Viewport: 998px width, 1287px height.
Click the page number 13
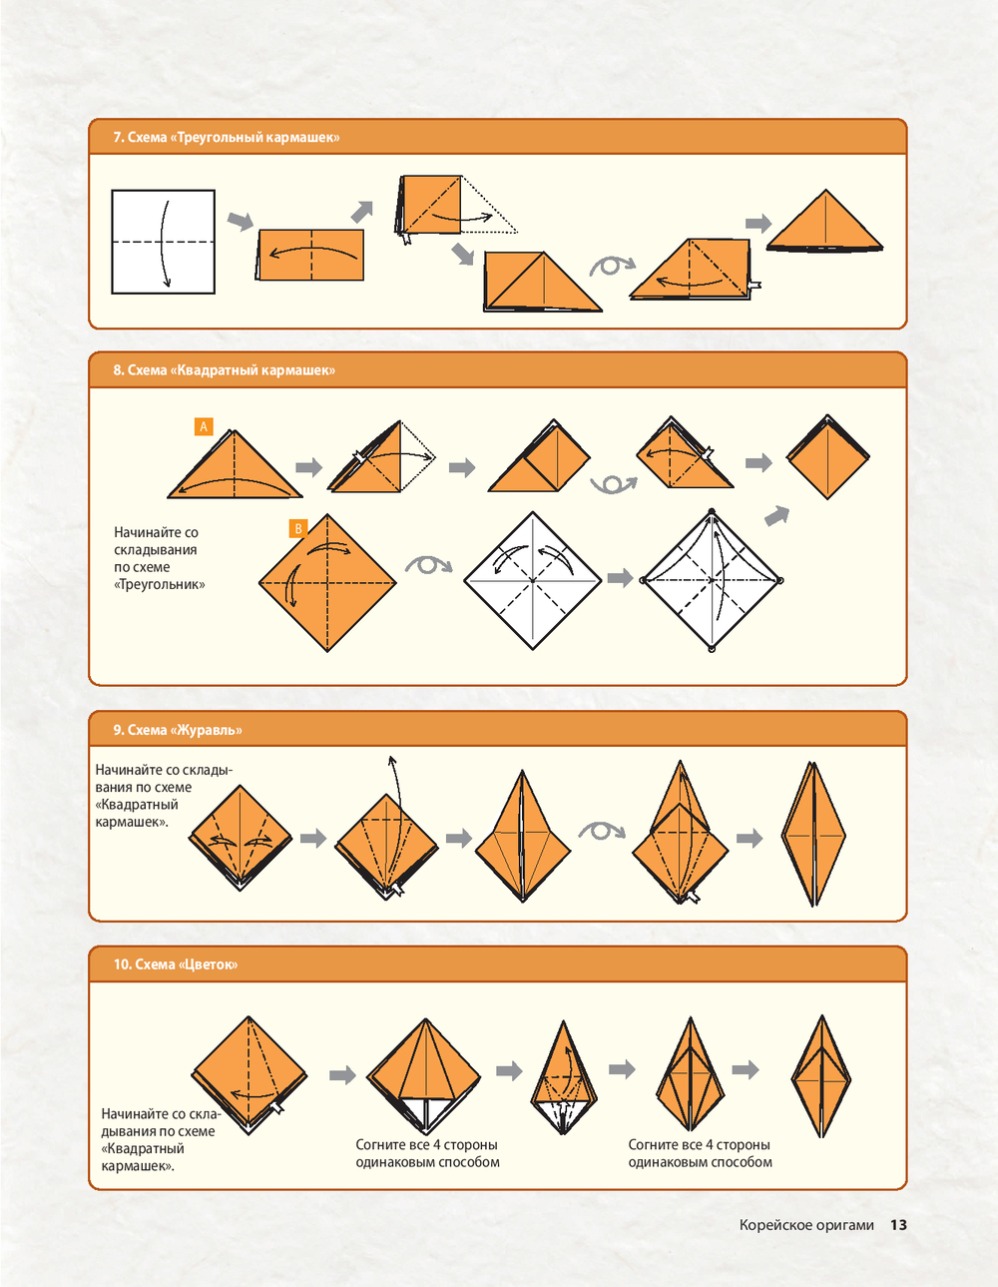pos(898,1224)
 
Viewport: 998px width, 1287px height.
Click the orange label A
pos(204,426)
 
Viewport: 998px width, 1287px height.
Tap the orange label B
pos(297,528)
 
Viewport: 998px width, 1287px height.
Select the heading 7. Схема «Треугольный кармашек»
pos(227,138)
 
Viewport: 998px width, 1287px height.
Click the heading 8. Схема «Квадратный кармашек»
pos(225,370)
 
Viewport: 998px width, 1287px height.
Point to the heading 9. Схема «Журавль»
pos(178,730)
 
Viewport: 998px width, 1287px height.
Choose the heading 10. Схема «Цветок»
pos(176,965)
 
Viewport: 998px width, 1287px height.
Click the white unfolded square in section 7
pos(164,242)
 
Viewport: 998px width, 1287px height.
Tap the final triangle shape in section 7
pos(824,222)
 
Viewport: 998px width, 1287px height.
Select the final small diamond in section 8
pos(827,456)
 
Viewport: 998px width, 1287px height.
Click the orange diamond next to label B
pos(327,583)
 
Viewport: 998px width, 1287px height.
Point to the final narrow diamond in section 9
pos(814,834)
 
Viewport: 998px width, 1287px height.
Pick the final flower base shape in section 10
pos(821,1076)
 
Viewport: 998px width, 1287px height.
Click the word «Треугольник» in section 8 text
pos(160,584)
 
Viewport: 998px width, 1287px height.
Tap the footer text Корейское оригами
pos(806,1225)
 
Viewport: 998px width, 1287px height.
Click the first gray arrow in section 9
pos(313,838)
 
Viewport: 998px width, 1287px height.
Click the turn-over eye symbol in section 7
pos(612,266)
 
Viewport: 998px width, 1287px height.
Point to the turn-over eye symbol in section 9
pos(602,831)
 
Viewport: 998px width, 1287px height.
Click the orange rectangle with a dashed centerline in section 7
pos(310,255)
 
